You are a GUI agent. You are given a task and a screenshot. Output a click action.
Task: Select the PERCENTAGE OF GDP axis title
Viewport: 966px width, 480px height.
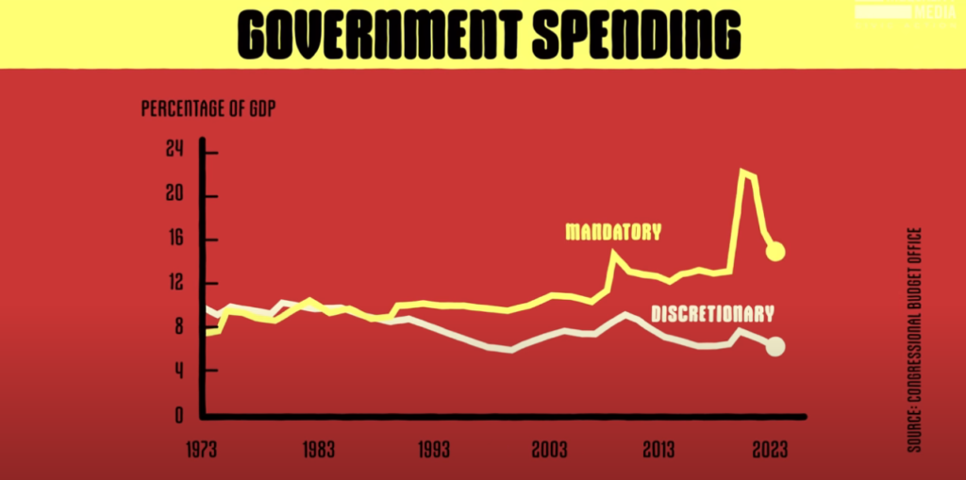(208, 108)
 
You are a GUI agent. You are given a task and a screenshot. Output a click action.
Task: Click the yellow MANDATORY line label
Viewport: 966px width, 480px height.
(613, 231)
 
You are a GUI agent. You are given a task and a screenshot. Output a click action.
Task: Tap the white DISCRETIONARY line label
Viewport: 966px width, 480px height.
(712, 314)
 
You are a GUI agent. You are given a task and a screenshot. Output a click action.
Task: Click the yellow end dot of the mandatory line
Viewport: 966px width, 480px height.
(775, 251)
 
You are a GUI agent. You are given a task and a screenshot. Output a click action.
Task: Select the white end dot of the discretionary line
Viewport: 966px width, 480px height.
(774, 346)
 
